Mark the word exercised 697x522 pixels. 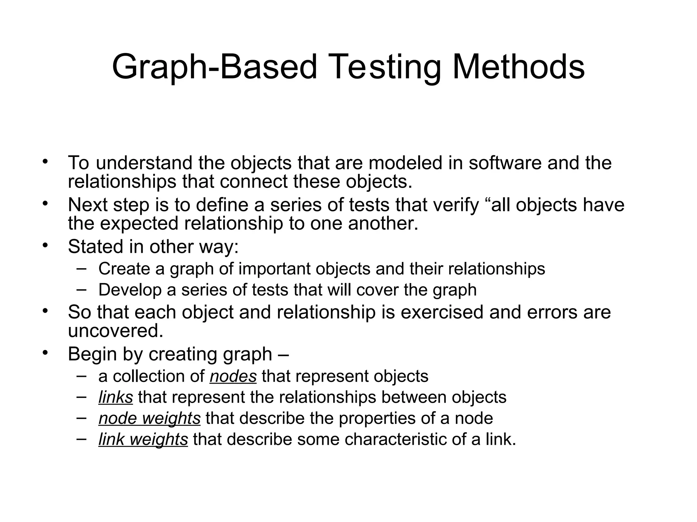coord(442,312)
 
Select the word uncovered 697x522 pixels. coord(115,331)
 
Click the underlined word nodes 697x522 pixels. coord(233,377)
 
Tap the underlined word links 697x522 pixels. coord(115,397)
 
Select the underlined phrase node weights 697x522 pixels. coord(149,418)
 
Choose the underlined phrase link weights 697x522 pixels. coord(143,439)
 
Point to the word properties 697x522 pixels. coord(377,418)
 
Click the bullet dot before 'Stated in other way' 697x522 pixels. coord(45,245)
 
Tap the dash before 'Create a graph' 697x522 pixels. coord(81,268)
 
